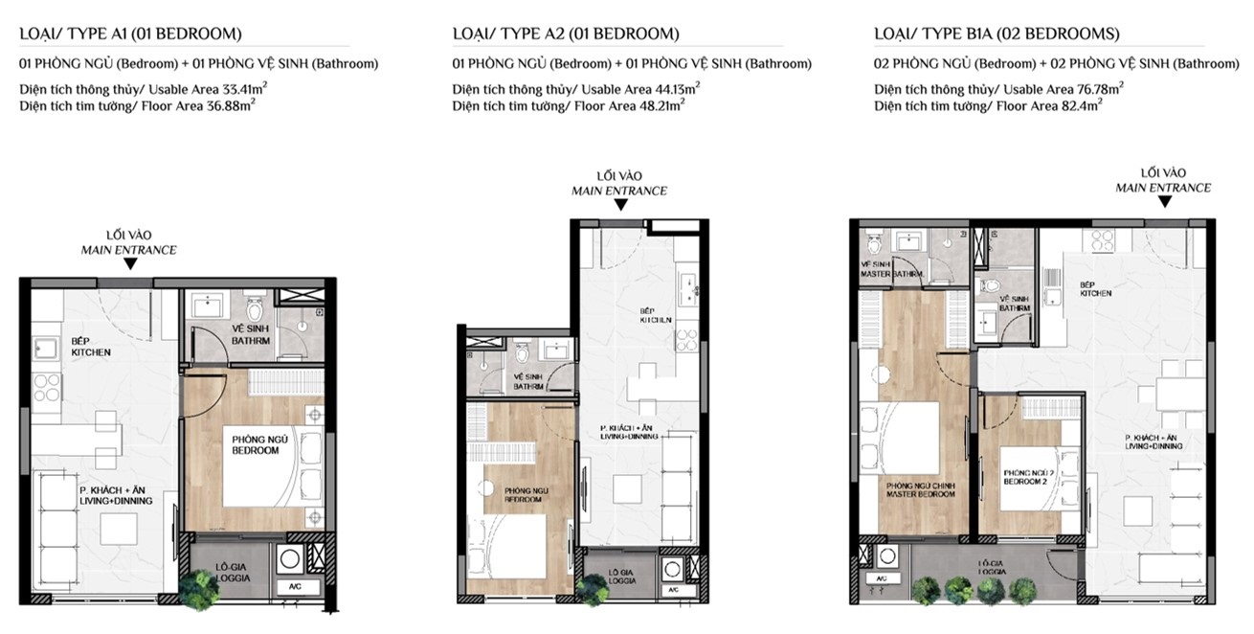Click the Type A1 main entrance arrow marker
pyautogui.click(x=130, y=263)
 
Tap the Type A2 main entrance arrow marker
pyautogui.click(x=620, y=205)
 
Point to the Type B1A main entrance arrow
pyautogui.click(x=1164, y=202)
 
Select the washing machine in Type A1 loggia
pyautogui.click(x=290, y=559)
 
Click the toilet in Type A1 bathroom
pyautogui.click(x=255, y=308)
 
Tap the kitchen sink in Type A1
pyautogui.click(x=45, y=348)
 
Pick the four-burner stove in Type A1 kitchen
pyautogui.click(x=47, y=388)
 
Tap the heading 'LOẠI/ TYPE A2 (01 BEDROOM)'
pyautogui.click(x=566, y=34)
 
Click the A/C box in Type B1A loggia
pyautogui.click(x=882, y=578)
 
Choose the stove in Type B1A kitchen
pyautogui.click(x=1102, y=240)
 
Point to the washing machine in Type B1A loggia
pyautogui.click(x=886, y=556)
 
